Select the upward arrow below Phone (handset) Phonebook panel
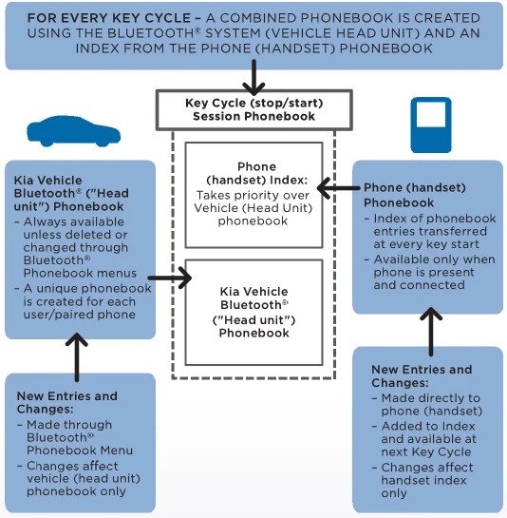(x=430, y=329)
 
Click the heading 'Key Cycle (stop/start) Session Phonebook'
(x=253, y=109)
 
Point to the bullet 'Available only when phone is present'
(x=434, y=272)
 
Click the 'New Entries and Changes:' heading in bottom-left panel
(x=67, y=402)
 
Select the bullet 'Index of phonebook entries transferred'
(x=434, y=231)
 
